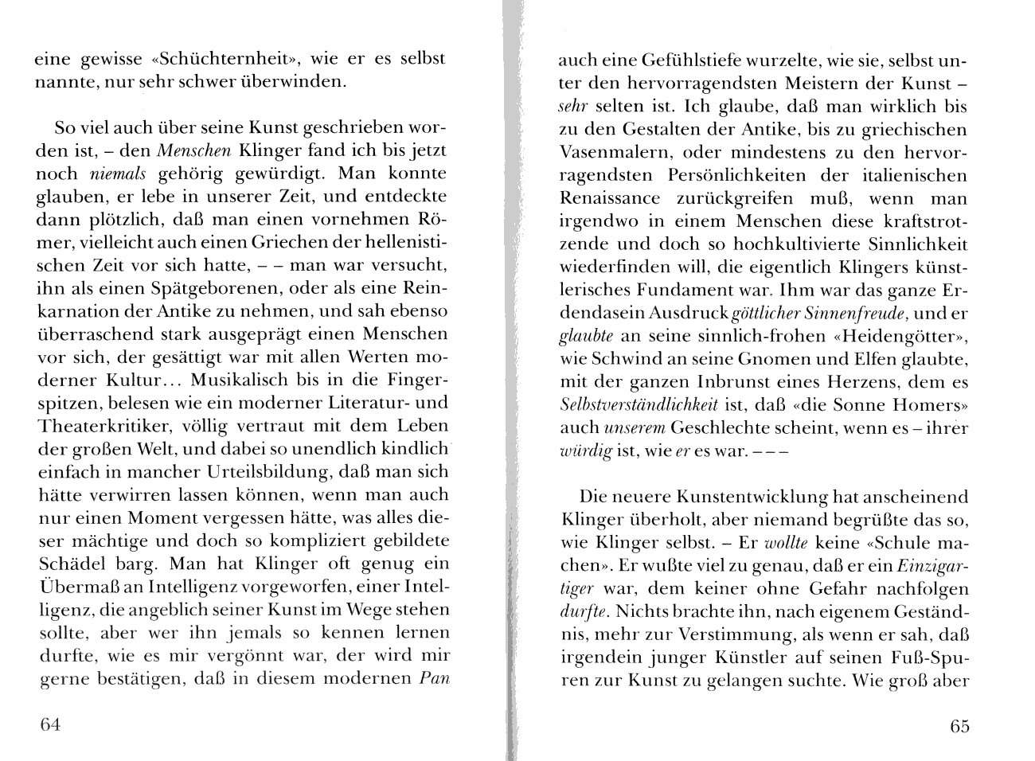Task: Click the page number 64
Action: (x=49, y=725)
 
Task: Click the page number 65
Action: (x=959, y=726)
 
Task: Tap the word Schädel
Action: (x=70, y=564)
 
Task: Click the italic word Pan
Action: (x=434, y=679)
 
